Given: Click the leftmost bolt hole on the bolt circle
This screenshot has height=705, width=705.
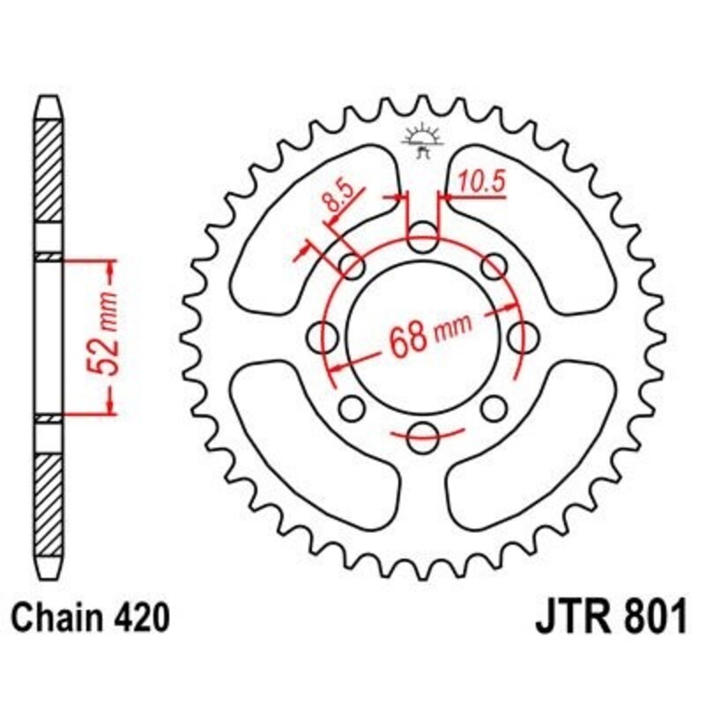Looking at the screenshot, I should [x=326, y=335].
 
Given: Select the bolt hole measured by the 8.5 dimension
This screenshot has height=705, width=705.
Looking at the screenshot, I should [x=352, y=265].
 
